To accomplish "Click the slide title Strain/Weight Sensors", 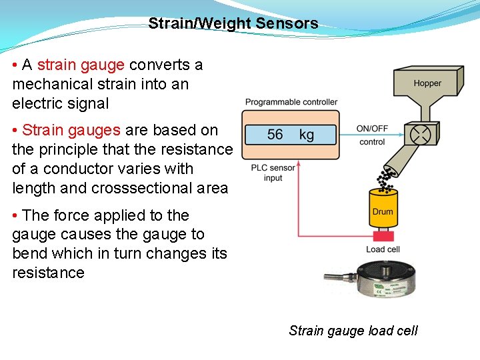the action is [x=233, y=24].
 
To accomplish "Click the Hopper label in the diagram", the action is [x=427, y=83].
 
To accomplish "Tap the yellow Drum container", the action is [x=383, y=210].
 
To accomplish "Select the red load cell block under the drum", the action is [x=383, y=235].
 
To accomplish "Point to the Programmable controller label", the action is [x=291, y=102].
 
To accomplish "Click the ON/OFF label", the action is [x=372, y=129].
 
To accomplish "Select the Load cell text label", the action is [x=383, y=249].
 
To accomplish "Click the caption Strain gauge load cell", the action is [x=353, y=331].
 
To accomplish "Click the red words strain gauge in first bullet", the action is [x=81, y=65].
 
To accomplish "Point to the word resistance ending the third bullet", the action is [x=48, y=273].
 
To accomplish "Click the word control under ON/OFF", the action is [x=372, y=142].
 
